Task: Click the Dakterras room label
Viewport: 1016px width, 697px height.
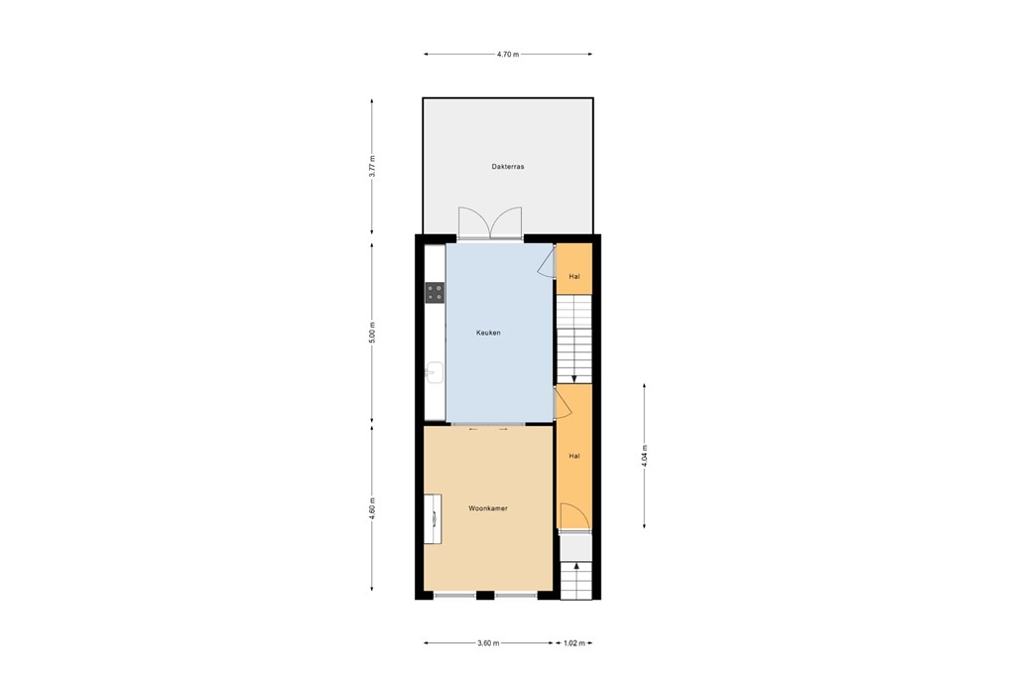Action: pos(507,167)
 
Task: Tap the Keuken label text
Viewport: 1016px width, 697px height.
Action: pos(488,333)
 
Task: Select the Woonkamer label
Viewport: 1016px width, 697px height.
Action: pos(488,508)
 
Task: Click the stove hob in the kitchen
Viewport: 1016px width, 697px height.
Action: pos(435,292)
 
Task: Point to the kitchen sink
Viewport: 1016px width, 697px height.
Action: pos(434,372)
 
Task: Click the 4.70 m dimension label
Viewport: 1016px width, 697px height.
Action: pos(507,54)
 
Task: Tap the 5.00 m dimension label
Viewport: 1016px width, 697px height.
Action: pos(372,333)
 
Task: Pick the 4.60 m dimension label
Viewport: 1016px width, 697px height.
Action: pos(372,506)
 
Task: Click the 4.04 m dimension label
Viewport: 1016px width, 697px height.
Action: pos(645,456)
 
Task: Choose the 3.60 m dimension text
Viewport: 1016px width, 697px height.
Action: pos(487,643)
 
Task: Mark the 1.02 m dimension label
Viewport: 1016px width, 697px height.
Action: pos(574,643)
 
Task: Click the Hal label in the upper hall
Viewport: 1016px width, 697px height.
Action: pos(573,276)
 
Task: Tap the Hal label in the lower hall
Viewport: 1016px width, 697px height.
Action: pos(573,456)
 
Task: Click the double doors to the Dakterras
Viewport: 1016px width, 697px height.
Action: pos(491,221)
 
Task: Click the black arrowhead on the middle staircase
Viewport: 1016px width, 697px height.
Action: pos(574,377)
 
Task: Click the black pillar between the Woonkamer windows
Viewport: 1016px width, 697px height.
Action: pos(485,595)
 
